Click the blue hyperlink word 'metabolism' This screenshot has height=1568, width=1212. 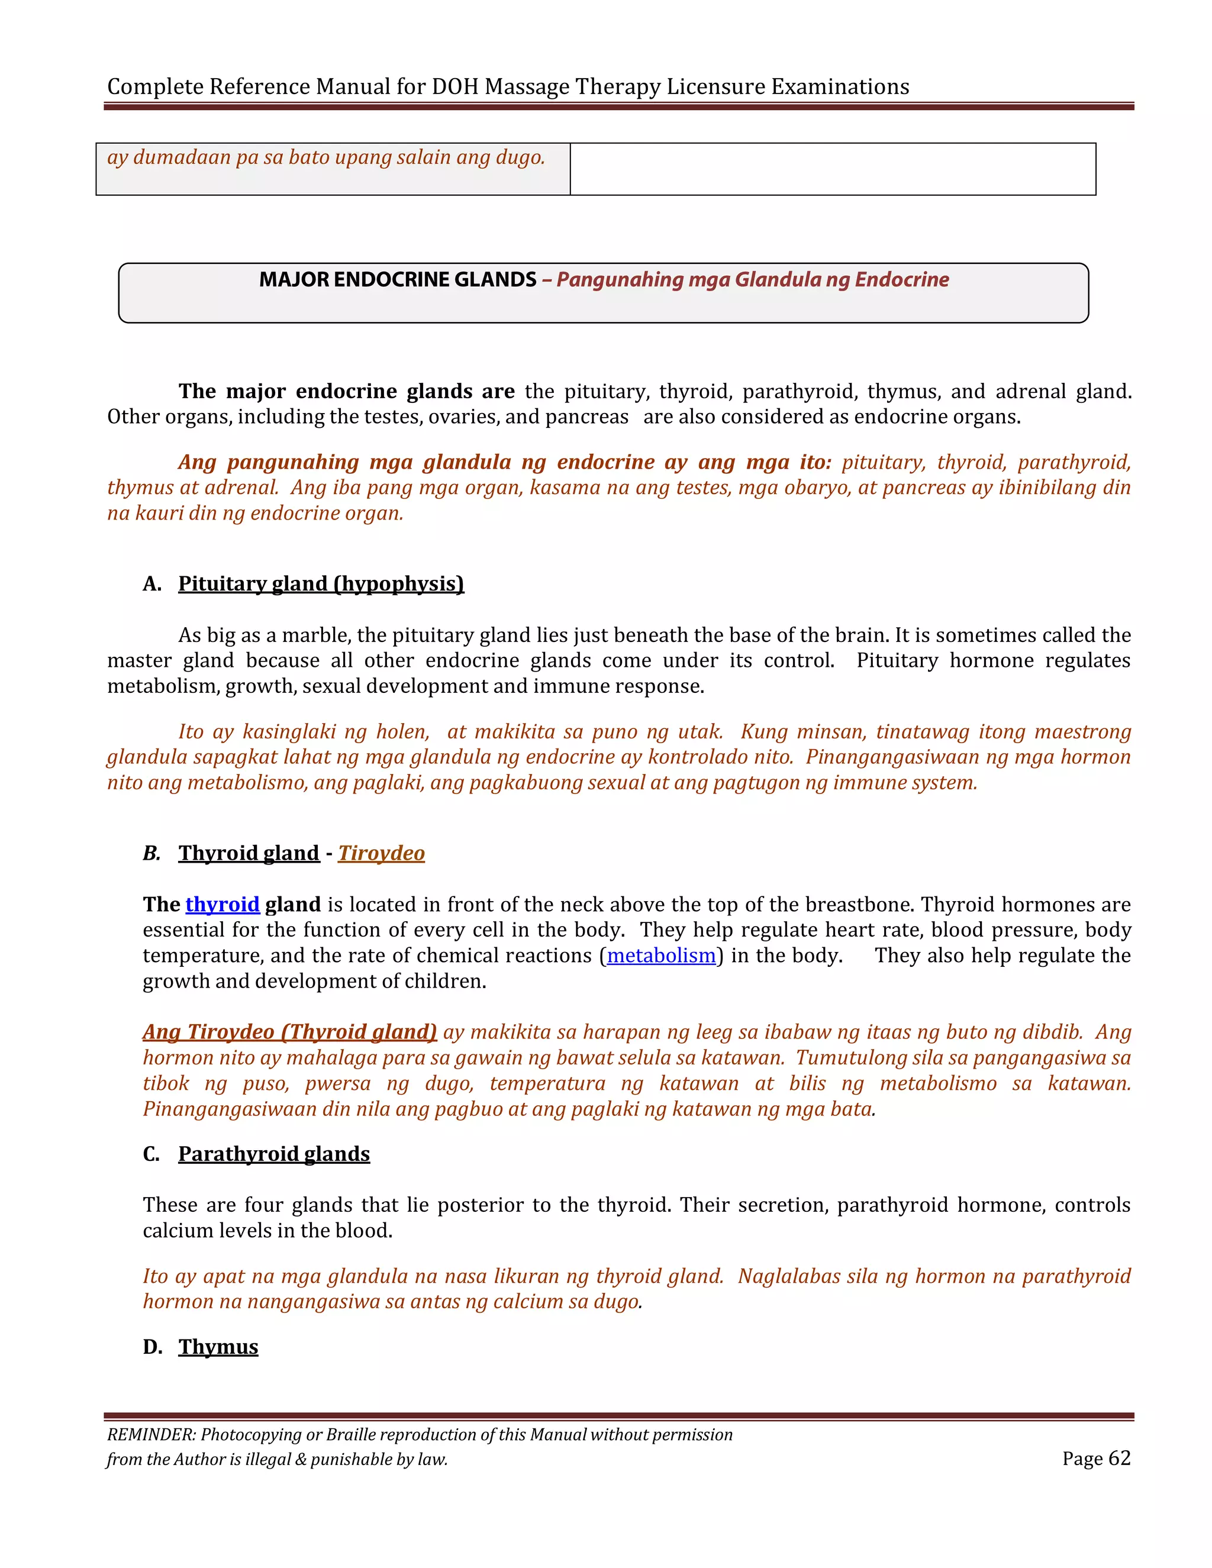point(661,956)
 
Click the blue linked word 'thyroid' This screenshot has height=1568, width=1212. point(222,905)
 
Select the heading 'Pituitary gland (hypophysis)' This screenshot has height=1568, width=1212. point(321,583)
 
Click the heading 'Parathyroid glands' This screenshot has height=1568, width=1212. point(273,1154)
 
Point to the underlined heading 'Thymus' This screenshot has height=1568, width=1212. point(218,1347)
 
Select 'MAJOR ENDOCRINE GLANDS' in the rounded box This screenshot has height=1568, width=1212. point(398,279)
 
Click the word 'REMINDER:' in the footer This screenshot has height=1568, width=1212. point(151,1434)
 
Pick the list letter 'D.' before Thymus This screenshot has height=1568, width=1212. point(152,1347)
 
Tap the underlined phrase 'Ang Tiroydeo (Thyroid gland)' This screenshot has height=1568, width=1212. point(289,1032)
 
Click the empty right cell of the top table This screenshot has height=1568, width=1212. point(832,169)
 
